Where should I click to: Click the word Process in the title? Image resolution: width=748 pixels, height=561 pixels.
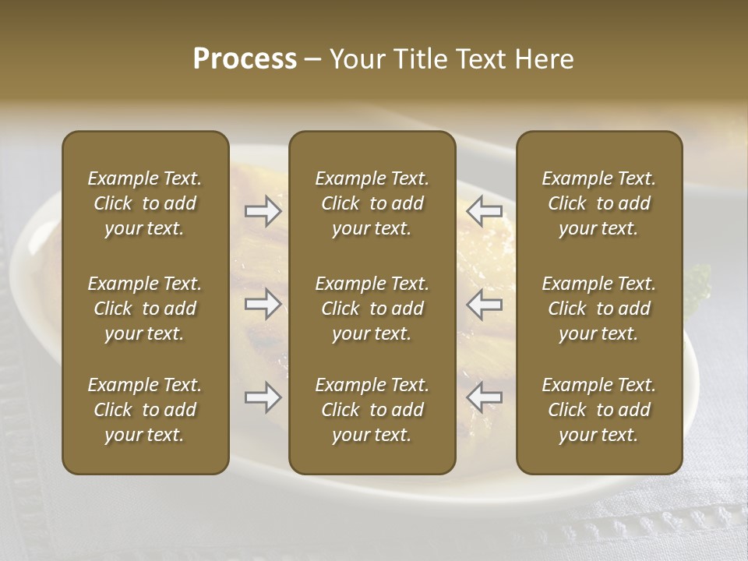click(245, 59)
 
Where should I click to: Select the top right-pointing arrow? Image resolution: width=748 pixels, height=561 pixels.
click(263, 210)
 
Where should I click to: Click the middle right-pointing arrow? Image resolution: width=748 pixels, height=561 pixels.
click(263, 304)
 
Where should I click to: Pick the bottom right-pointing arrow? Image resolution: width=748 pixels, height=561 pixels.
click(263, 398)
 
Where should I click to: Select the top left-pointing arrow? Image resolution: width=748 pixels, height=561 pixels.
click(485, 210)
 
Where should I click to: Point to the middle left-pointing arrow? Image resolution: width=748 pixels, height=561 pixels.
click(485, 304)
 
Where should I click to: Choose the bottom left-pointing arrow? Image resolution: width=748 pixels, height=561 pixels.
click(485, 398)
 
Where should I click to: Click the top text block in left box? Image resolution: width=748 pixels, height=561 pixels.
click(145, 203)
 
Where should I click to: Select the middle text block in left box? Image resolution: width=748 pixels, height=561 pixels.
click(145, 309)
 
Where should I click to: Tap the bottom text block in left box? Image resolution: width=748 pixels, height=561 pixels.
click(145, 410)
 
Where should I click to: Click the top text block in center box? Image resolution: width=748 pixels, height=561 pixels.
click(372, 203)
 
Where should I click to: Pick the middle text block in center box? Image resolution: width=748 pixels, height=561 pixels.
click(372, 309)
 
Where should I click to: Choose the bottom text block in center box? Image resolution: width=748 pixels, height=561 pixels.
click(372, 410)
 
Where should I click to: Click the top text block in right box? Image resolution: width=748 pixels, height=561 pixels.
click(598, 203)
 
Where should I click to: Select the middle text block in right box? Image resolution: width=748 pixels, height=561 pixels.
click(598, 309)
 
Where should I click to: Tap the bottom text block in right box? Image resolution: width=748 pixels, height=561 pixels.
click(598, 410)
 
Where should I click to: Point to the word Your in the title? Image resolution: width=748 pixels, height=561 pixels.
click(355, 59)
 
